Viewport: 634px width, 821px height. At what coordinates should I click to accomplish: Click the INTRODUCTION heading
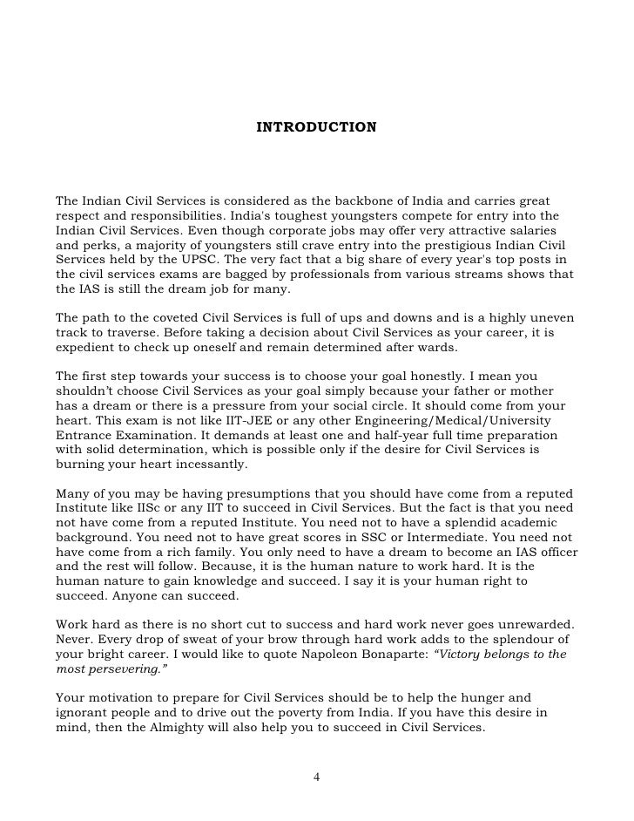coord(316,128)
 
